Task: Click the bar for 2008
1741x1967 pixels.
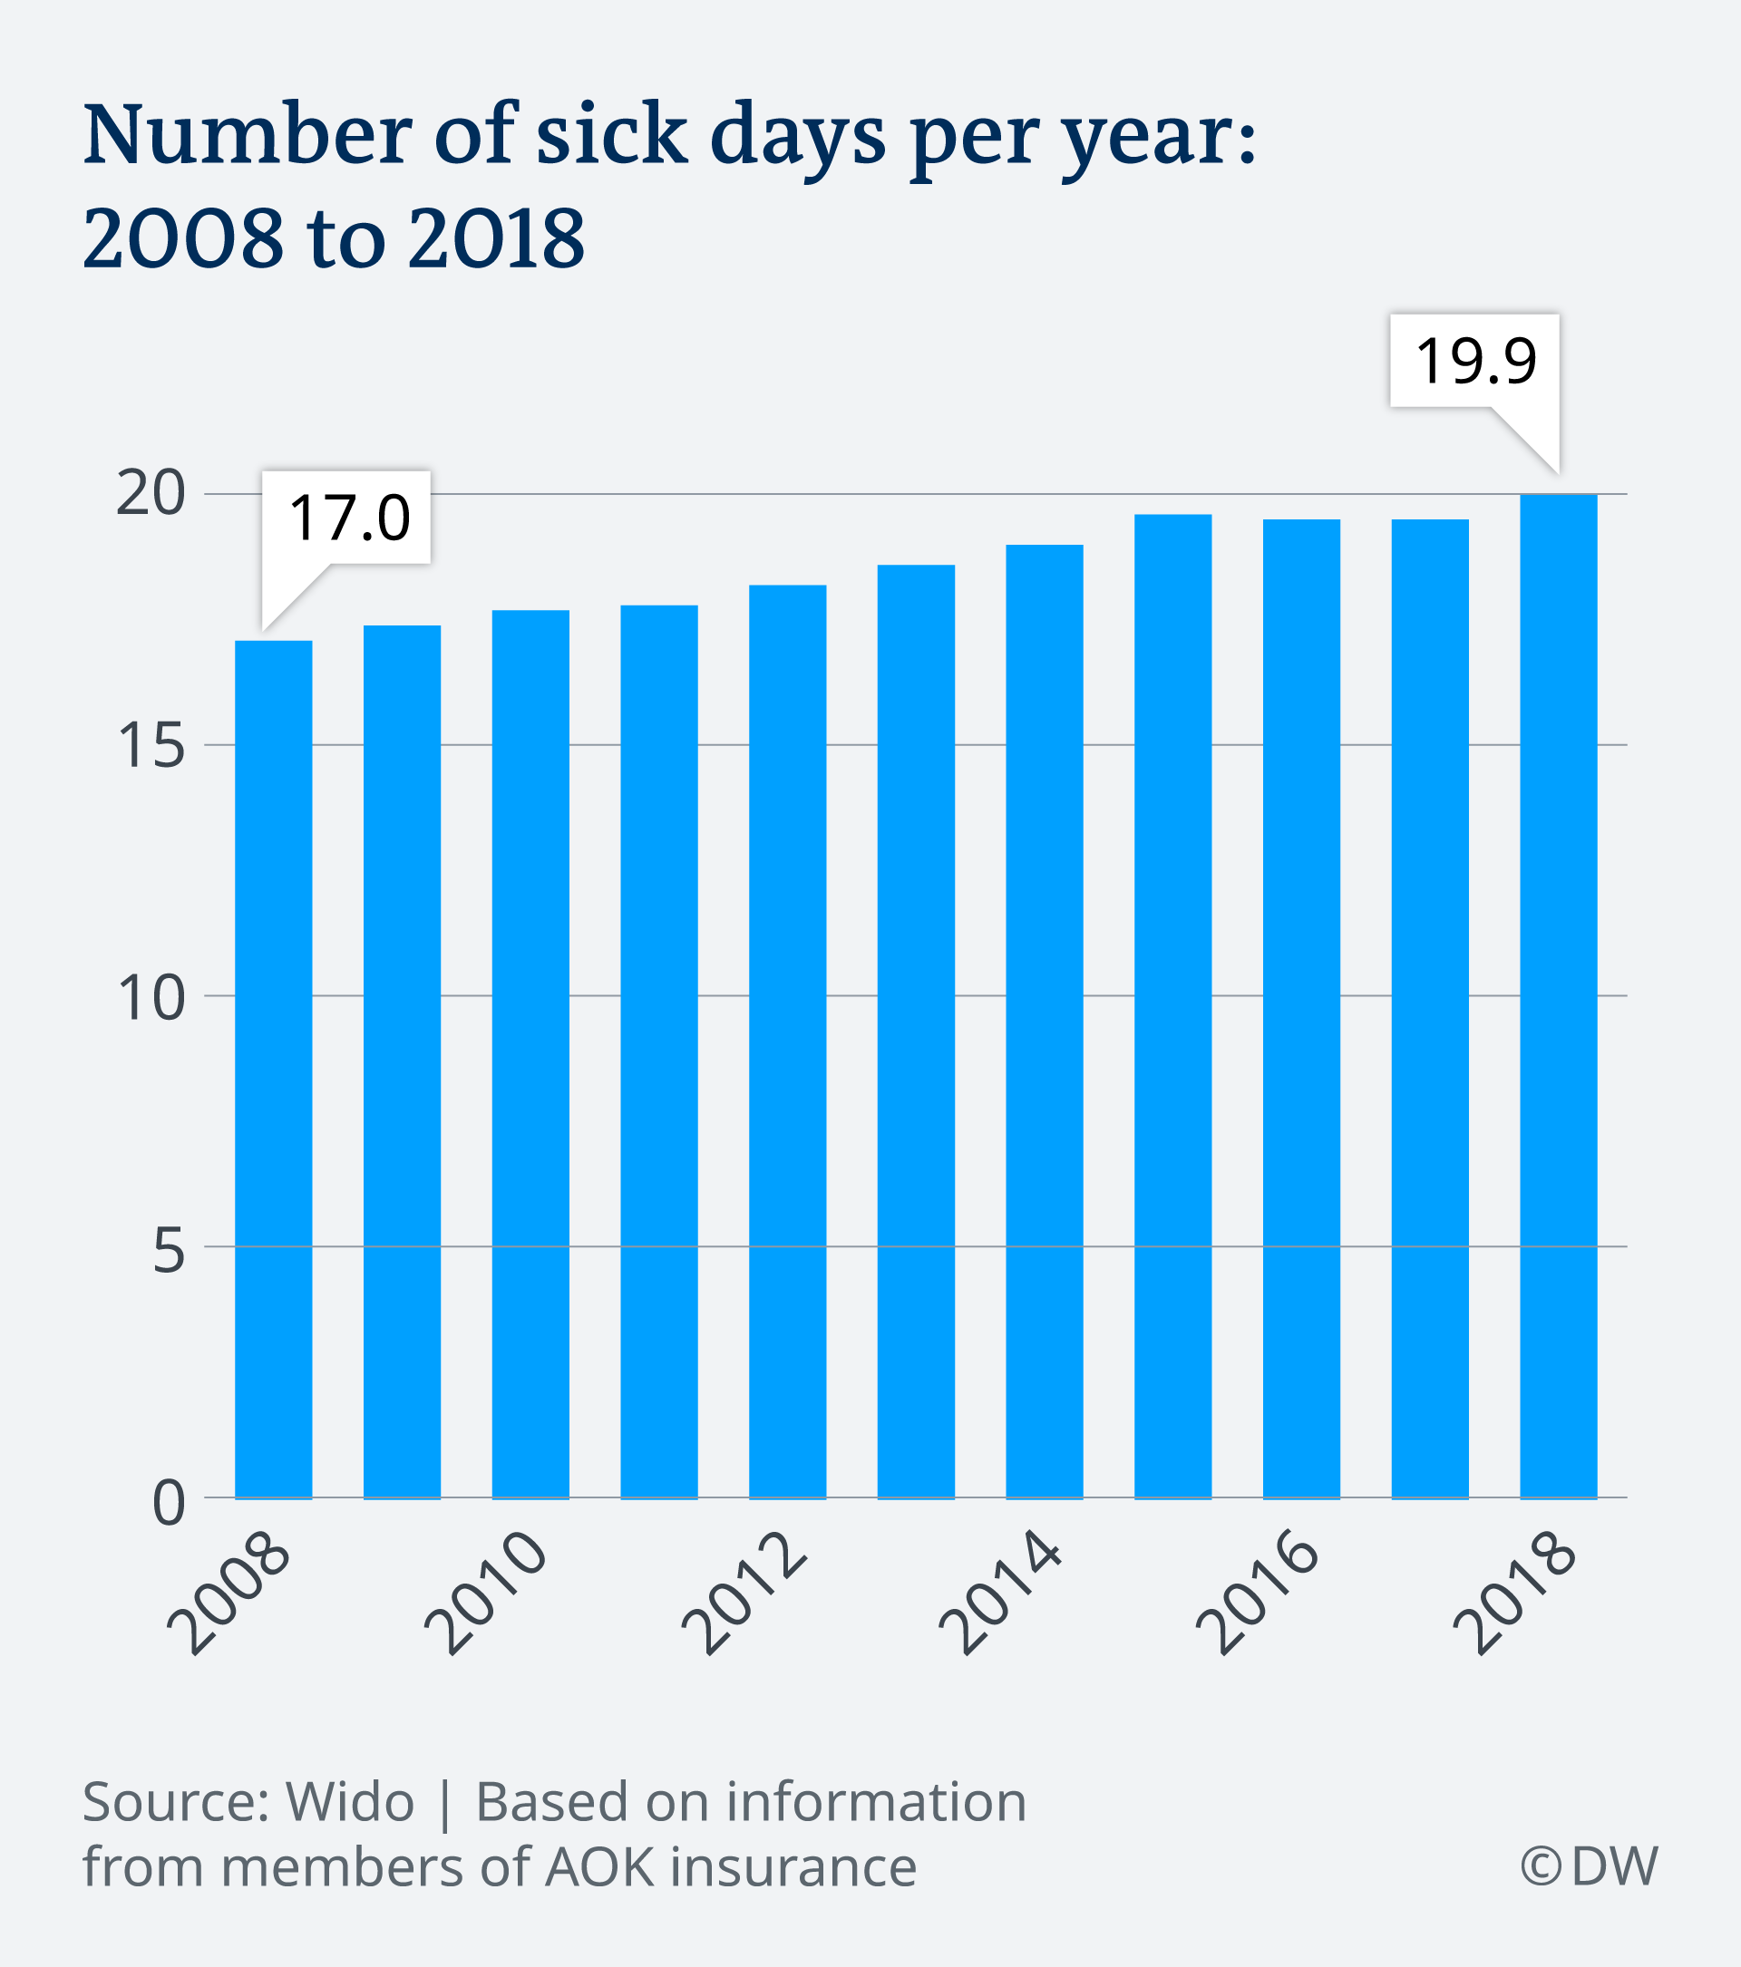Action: [x=273, y=1068]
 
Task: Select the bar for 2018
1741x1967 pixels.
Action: [x=1558, y=996]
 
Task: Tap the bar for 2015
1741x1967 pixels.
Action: [x=1172, y=1005]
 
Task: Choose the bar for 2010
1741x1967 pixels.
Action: [x=530, y=1053]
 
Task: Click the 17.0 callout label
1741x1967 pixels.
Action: [x=348, y=518]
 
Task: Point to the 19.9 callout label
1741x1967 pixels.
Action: [x=1475, y=361]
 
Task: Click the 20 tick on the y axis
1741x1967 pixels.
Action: [x=151, y=495]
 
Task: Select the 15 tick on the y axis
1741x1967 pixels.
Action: [x=151, y=746]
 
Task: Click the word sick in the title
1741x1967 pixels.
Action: [x=611, y=135]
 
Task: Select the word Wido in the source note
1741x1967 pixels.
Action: [x=349, y=1801]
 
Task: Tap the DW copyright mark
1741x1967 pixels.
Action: [x=1589, y=1866]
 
